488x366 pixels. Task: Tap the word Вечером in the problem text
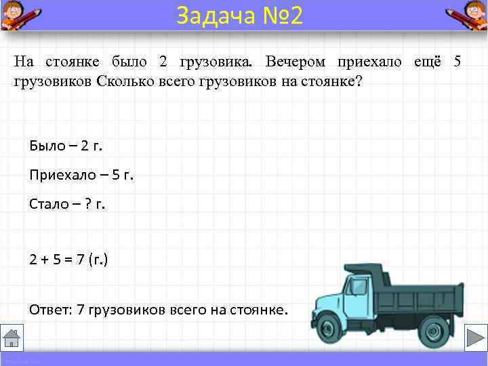tap(296, 62)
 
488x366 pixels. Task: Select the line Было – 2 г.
tap(66, 145)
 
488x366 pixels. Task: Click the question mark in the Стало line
tap(88, 204)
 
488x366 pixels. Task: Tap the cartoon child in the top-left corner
tap(18, 14)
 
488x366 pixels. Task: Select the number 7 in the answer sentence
tap(81, 310)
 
